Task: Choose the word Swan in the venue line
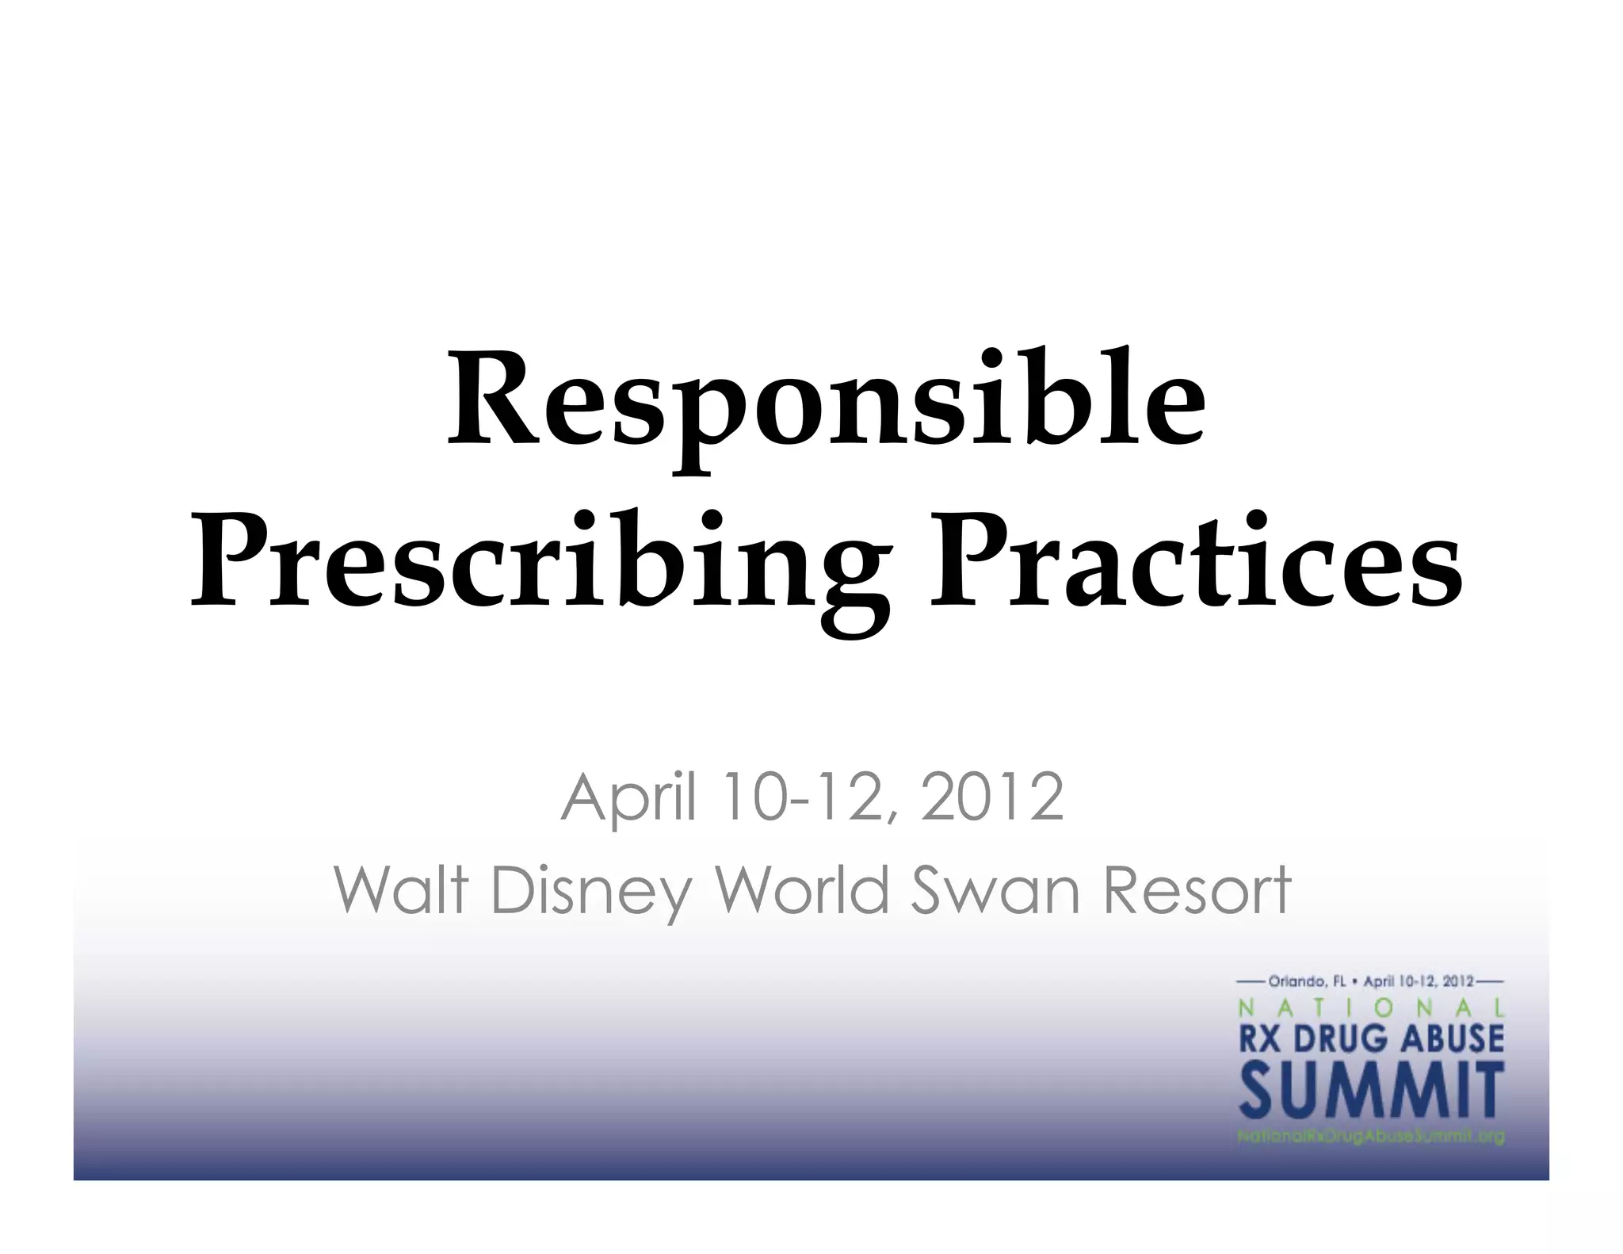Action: point(998,889)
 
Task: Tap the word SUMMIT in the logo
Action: point(1371,1090)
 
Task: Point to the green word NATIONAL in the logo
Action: point(1371,1007)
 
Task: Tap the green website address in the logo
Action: point(1371,1137)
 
